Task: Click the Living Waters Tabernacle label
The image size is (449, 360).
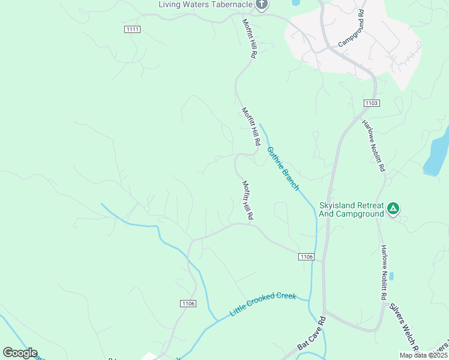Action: pos(205,4)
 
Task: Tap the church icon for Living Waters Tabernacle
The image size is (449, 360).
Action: pos(261,5)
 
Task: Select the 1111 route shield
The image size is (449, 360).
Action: pos(133,29)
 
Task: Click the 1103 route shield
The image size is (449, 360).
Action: pos(372,103)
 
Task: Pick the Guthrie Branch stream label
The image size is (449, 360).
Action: pos(283,169)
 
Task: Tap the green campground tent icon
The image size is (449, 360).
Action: pos(393,209)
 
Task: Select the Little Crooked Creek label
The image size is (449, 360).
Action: pos(263,304)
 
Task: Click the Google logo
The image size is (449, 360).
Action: pos(20,353)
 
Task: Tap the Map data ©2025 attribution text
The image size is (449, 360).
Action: pos(423,355)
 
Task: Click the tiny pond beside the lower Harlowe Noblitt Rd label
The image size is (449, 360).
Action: pos(391,276)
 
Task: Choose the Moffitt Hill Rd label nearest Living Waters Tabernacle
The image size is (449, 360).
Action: pos(249,38)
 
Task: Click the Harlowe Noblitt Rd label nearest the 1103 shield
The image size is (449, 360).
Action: pos(373,146)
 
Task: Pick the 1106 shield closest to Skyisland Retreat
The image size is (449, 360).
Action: pos(306,257)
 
